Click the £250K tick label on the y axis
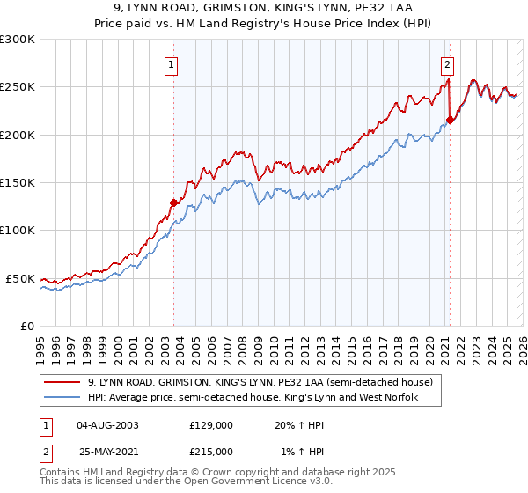[18, 87]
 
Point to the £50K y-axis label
[20, 278]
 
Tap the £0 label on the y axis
[27, 326]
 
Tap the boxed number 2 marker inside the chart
[448, 63]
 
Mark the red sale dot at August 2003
[173, 202]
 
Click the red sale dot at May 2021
[450, 120]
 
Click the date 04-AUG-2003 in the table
[107, 425]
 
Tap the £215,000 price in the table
[210, 451]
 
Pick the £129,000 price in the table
[210, 425]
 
